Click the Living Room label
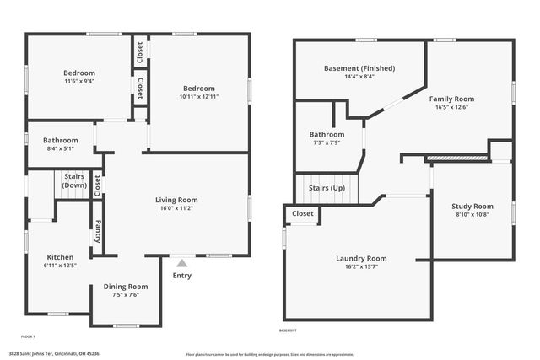tap(175, 200)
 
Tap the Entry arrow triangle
tap(181, 263)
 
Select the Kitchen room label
tap(61, 257)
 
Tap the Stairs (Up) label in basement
tap(327, 188)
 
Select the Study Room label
tap(472, 206)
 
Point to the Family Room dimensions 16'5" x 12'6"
tap(452, 107)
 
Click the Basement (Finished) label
tap(359, 68)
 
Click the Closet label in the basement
tap(303, 214)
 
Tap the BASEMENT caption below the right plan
tap(288, 330)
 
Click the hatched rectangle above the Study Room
tap(457, 157)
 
